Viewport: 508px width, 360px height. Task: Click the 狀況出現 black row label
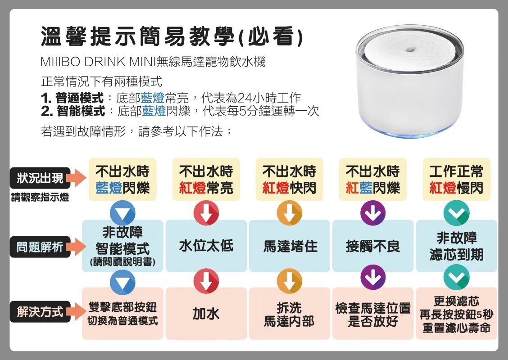40,178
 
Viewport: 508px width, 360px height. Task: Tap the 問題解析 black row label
40,247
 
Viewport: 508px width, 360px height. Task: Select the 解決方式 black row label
40,312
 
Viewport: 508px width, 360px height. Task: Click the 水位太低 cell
206,246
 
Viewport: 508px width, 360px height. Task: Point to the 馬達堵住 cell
290,246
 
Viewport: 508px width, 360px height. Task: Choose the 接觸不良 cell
373,246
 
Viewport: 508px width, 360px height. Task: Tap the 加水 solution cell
206,313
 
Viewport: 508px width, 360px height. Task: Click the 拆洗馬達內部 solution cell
290,313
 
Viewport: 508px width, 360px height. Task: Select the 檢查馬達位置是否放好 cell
373,313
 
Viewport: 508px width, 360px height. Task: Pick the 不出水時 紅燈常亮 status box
206,180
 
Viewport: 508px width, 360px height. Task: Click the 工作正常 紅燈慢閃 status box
457,180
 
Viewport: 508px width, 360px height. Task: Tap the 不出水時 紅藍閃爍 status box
373,180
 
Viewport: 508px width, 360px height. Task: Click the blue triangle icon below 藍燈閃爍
123,213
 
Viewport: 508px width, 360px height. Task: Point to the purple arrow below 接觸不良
373,277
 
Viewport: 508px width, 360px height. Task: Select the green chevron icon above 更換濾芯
457,277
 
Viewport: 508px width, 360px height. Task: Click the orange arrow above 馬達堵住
290,213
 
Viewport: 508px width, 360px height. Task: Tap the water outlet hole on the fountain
409,49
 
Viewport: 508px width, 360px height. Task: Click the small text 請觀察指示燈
40,197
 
